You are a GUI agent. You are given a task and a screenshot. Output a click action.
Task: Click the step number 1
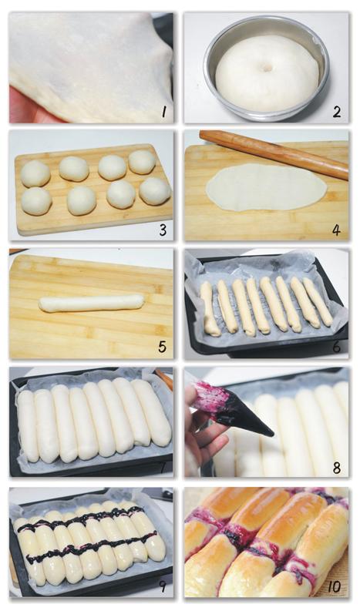[164, 112]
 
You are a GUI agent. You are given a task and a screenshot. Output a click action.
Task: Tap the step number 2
[337, 112]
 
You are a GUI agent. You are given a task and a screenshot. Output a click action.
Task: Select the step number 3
[163, 230]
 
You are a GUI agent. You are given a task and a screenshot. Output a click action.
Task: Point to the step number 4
[336, 230]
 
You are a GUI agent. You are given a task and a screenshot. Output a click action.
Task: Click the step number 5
[163, 347]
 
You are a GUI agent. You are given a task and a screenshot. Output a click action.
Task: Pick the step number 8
[337, 468]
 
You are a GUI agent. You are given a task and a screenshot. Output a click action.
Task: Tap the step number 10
[334, 586]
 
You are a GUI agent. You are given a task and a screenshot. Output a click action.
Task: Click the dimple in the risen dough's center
[267, 68]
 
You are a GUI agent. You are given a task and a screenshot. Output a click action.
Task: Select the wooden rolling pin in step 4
[274, 154]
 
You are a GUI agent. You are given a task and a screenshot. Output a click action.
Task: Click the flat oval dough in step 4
[267, 187]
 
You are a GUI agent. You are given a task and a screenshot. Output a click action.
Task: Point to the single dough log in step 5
[92, 303]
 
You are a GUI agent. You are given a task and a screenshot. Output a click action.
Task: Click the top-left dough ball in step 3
[35, 174]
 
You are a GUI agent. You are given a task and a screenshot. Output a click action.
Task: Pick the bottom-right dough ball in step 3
[155, 191]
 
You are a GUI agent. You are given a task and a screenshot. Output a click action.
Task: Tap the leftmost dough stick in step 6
[210, 309]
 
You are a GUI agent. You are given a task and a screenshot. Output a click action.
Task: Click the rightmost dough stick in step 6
[318, 301]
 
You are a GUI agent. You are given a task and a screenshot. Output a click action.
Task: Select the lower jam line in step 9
[92, 549]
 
